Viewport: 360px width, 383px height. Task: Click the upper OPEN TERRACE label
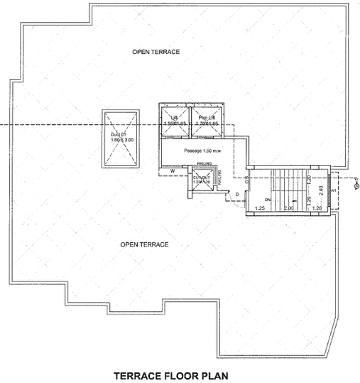pyautogui.click(x=156, y=53)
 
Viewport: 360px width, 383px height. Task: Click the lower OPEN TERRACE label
pyautogui.click(x=144, y=244)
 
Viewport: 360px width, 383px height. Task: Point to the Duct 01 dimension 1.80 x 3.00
pyautogui.click(x=121, y=141)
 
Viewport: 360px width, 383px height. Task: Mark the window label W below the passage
pyautogui.click(x=173, y=171)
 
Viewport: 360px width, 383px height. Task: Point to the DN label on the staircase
pyautogui.click(x=268, y=200)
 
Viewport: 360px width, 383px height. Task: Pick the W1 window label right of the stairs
pyautogui.click(x=332, y=190)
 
